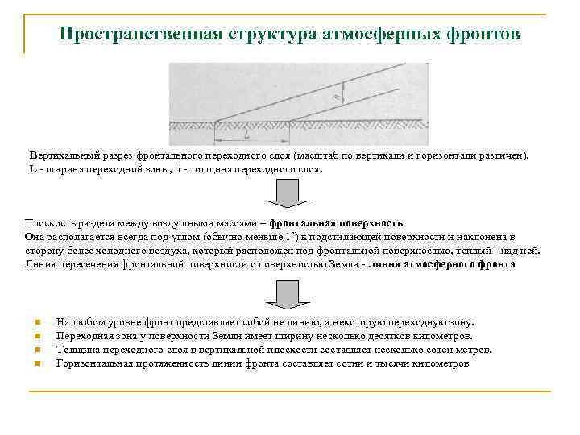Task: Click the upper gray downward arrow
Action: tap(283, 194)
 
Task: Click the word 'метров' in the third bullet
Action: tap(472, 349)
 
